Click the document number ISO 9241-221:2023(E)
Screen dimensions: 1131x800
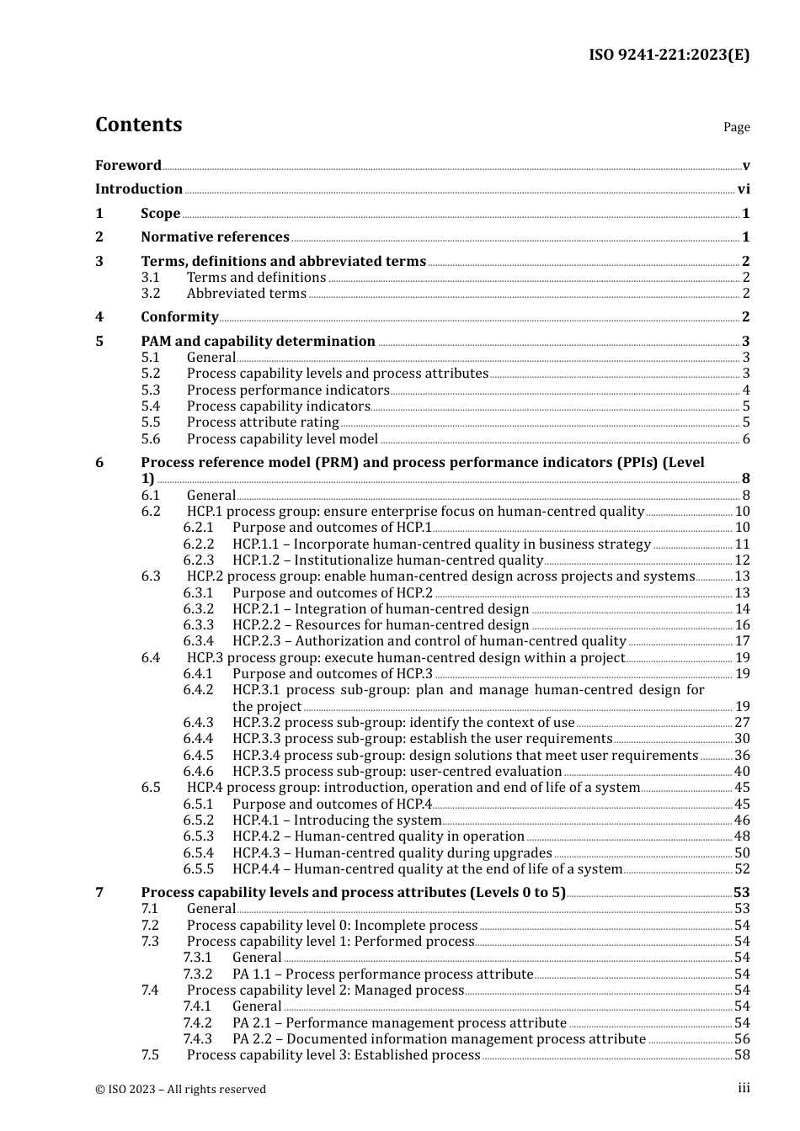pyautogui.click(x=669, y=56)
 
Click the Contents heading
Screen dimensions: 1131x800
pyautogui.click(x=138, y=125)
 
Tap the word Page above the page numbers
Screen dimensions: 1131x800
pyautogui.click(x=736, y=127)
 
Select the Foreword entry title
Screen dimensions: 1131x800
pyautogui.click(x=128, y=165)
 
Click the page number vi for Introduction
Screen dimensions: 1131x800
pyautogui.click(x=744, y=189)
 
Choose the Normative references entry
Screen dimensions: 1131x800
pyautogui.click(x=215, y=237)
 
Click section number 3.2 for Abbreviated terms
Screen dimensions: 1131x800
pyautogui.click(x=151, y=294)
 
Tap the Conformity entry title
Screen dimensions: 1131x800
pyautogui.click(x=179, y=317)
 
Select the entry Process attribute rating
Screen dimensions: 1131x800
pyautogui.click(x=263, y=422)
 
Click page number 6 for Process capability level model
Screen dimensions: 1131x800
pyautogui.click(x=745, y=439)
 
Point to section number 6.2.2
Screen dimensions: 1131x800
pyautogui.click(x=199, y=544)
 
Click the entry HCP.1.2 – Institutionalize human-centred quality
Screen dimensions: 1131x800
pyautogui.click(x=387, y=560)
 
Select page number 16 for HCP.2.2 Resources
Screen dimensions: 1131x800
pyautogui.click(x=742, y=625)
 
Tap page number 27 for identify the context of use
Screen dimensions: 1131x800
pyautogui.click(x=742, y=723)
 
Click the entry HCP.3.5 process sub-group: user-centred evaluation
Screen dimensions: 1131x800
pyautogui.click(x=397, y=772)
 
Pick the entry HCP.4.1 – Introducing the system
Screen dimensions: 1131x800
pyautogui.click(x=337, y=820)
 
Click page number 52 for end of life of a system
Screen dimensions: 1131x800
pyautogui.click(x=742, y=869)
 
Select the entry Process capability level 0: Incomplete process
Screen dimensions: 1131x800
pyautogui.click(x=332, y=926)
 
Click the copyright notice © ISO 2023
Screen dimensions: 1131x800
pyautogui.click(x=180, y=1089)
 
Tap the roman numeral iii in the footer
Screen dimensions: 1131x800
pyautogui.click(x=744, y=1088)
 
